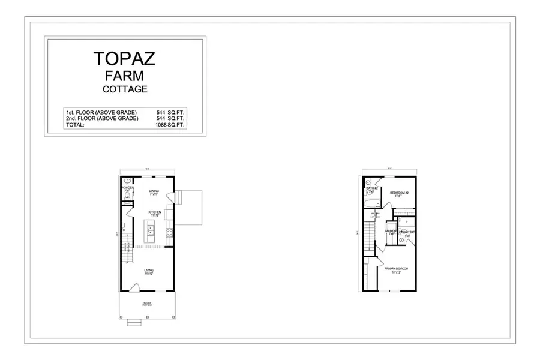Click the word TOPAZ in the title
click(124, 58)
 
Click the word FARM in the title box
click(124, 76)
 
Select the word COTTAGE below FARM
click(124, 89)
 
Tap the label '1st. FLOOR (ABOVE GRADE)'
click(101, 112)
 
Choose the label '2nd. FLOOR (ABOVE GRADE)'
click(101, 119)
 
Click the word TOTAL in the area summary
click(76, 125)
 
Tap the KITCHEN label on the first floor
click(155, 213)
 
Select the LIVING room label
click(148, 271)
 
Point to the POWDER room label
click(127, 188)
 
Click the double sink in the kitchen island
click(151, 230)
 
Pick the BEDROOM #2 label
click(399, 193)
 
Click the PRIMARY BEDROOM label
click(396, 269)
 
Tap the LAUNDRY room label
click(391, 232)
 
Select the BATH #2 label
click(371, 190)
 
